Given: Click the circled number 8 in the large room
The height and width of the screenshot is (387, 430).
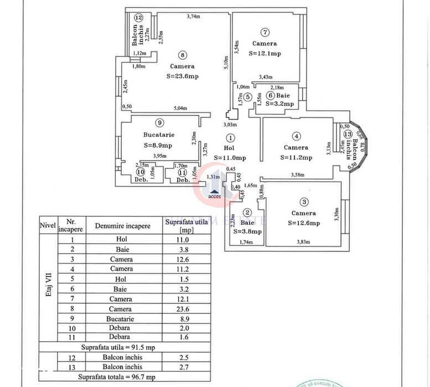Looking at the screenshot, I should pyautogui.click(x=182, y=54).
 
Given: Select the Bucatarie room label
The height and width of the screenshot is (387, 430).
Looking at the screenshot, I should pyautogui.click(x=158, y=135).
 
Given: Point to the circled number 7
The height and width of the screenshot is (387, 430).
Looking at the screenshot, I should pyautogui.click(x=265, y=32).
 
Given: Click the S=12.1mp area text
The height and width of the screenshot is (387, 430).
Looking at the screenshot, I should pyautogui.click(x=265, y=53).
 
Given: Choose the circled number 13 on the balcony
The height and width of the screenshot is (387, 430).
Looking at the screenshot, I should pyautogui.click(x=347, y=134).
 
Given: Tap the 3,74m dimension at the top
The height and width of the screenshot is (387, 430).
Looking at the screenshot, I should pyautogui.click(x=193, y=17).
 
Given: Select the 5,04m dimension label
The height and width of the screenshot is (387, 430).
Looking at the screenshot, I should pyautogui.click(x=181, y=109).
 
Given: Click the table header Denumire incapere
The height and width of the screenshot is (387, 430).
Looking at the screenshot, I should pyautogui.click(x=122, y=226).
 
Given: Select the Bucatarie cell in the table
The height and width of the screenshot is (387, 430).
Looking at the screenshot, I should pyautogui.click(x=120, y=319).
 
